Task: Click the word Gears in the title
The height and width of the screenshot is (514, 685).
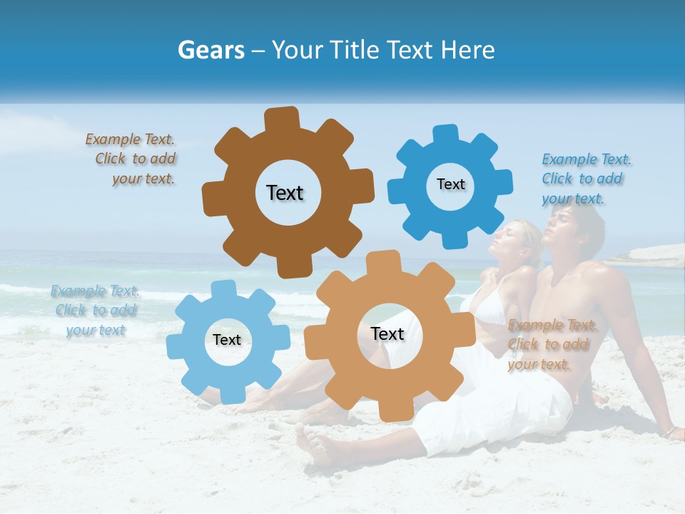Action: [210, 50]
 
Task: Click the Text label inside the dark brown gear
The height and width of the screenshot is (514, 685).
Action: [285, 193]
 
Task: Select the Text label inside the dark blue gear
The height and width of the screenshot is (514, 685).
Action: [450, 184]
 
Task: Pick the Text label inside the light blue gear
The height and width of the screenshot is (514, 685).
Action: [227, 341]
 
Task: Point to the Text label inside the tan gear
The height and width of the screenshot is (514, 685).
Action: [387, 334]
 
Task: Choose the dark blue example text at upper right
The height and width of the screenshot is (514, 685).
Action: [584, 178]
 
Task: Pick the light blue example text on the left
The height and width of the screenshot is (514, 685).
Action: [95, 311]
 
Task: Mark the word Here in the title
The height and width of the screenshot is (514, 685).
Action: [468, 50]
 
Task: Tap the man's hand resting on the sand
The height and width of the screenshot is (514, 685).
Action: [671, 431]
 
